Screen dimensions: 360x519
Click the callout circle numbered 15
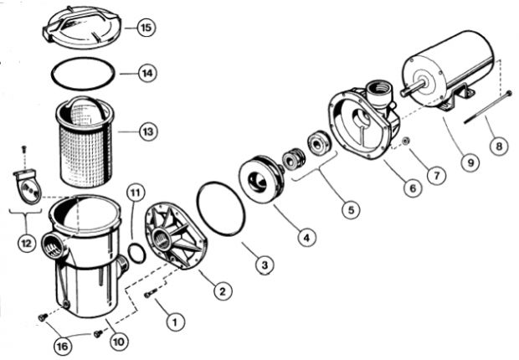pyautogui.click(x=146, y=28)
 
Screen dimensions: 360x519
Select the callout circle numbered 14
pyautogui.click(x=146, y=74)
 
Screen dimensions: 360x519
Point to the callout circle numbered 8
pyautogui.click(x=499, y=146)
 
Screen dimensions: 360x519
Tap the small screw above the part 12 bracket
pyautogui.click(x=24, y=150)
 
